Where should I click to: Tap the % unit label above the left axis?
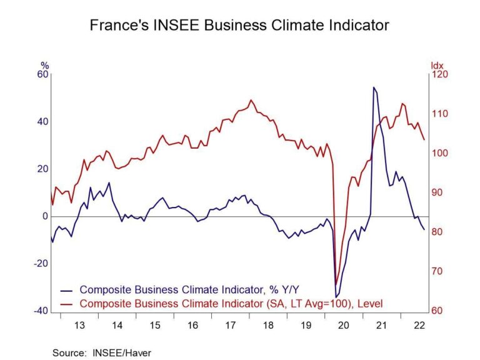click(x=44, y=65)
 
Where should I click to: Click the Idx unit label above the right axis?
click(x=436, y=65)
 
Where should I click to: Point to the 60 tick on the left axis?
click(x=42, y=74)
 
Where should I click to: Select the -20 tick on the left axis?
click(x=41, y=264)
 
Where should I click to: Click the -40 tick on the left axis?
click(x=41, y=311)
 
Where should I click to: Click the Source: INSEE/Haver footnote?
click(x=102, y=352)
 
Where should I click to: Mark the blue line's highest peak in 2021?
click(x=374, y=87)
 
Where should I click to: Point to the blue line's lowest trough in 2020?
click(x=336, y=297)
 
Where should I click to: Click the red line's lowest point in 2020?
click(x=336, y=283)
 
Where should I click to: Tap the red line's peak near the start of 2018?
click(x=251, y=100)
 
